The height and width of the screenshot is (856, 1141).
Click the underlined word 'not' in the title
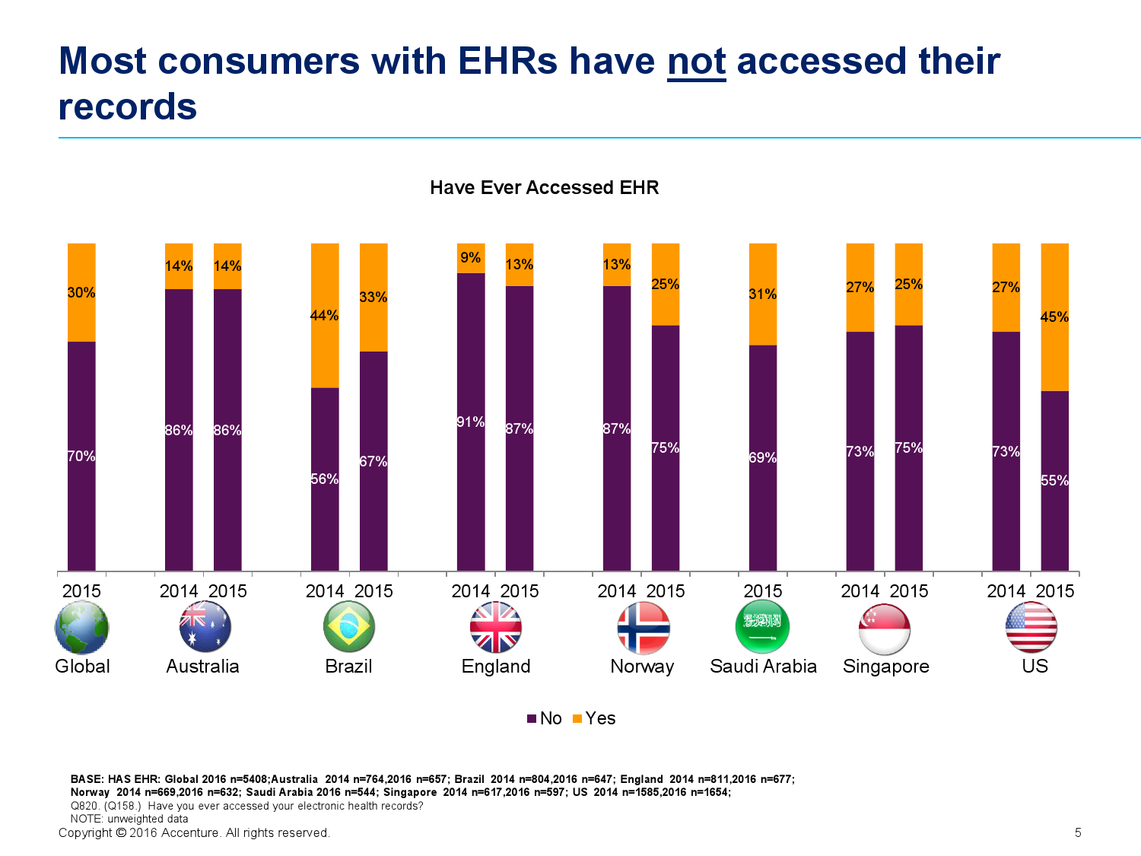point(696,62)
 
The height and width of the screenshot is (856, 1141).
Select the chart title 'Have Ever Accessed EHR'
point(544,188)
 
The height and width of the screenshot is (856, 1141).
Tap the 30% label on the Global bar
point(81,293)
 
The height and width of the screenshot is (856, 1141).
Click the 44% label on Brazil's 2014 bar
point(325,316)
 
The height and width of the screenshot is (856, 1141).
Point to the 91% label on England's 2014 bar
point(471,422)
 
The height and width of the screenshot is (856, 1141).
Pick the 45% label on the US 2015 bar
point(1054,317)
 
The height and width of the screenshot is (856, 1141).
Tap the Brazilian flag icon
point(349,627)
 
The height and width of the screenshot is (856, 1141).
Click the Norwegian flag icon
point(643,628)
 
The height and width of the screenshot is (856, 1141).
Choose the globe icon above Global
point(82,628)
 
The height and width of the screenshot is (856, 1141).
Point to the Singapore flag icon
point(885,628)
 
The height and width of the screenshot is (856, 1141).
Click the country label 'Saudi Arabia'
point(763,667)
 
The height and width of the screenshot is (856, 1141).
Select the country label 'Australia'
point(202,667)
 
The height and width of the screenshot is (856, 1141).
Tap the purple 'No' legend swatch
point(532,719)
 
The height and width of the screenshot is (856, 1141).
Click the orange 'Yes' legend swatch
point(577,719)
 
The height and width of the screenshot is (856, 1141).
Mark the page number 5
point(1078,833)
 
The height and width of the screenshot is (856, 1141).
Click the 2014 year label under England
point(471,591)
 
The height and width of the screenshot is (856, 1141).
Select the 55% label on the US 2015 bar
point(1054,481)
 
